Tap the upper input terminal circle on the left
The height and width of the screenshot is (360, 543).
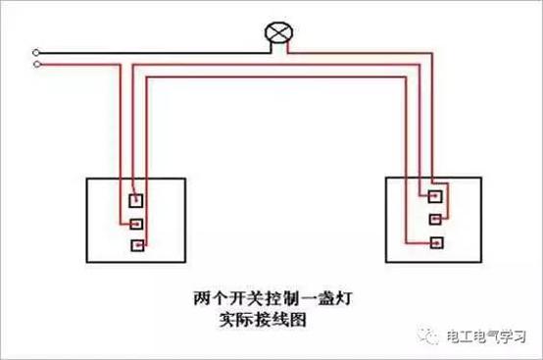[x=36, y=51]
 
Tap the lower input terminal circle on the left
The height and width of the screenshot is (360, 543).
[x=36, y=66]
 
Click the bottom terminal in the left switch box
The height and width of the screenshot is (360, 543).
[x=140, y=244]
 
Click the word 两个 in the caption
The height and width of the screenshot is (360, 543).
[x=204, y=295]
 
